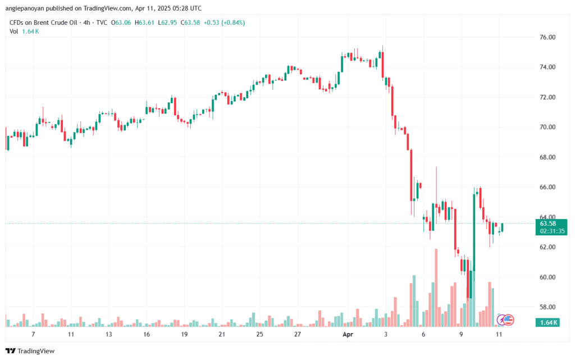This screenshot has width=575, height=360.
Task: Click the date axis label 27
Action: [297, 334]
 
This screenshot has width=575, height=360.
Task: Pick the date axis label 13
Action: [108, 334]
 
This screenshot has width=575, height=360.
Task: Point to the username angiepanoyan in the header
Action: [29, 8]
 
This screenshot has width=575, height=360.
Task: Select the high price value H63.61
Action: [145, 22]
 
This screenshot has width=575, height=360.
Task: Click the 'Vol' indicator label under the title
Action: [14, 31]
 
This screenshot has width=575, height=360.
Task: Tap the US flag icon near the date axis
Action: [508, 320]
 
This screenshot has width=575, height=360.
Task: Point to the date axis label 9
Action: [461, 334]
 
